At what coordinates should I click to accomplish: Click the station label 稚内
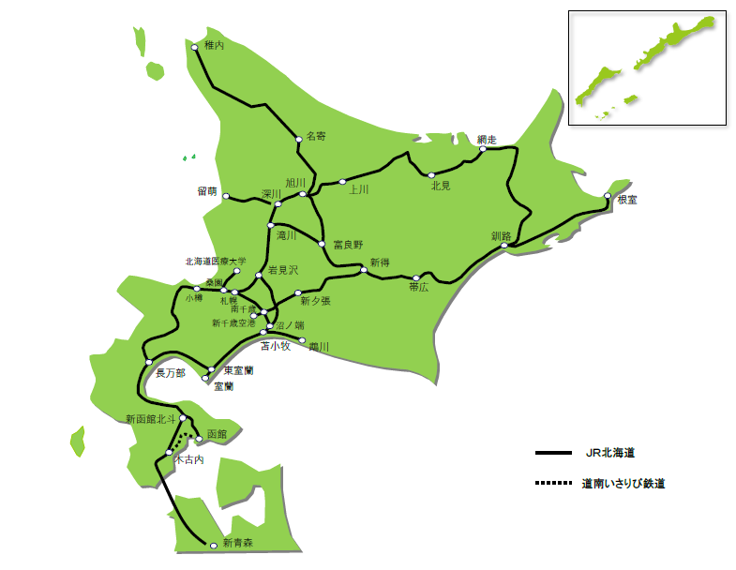214,46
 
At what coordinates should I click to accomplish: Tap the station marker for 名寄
299,140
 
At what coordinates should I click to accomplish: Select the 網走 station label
486,138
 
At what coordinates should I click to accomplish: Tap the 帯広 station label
419,289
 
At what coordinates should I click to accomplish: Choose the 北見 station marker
431,175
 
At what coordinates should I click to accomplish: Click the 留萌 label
207,191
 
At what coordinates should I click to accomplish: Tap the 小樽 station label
193,298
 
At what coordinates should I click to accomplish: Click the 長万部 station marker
148,362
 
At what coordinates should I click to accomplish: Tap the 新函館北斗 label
150,418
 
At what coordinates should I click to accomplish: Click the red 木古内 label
188,459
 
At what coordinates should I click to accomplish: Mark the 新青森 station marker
214,545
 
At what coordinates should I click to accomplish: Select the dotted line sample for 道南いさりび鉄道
552,484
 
